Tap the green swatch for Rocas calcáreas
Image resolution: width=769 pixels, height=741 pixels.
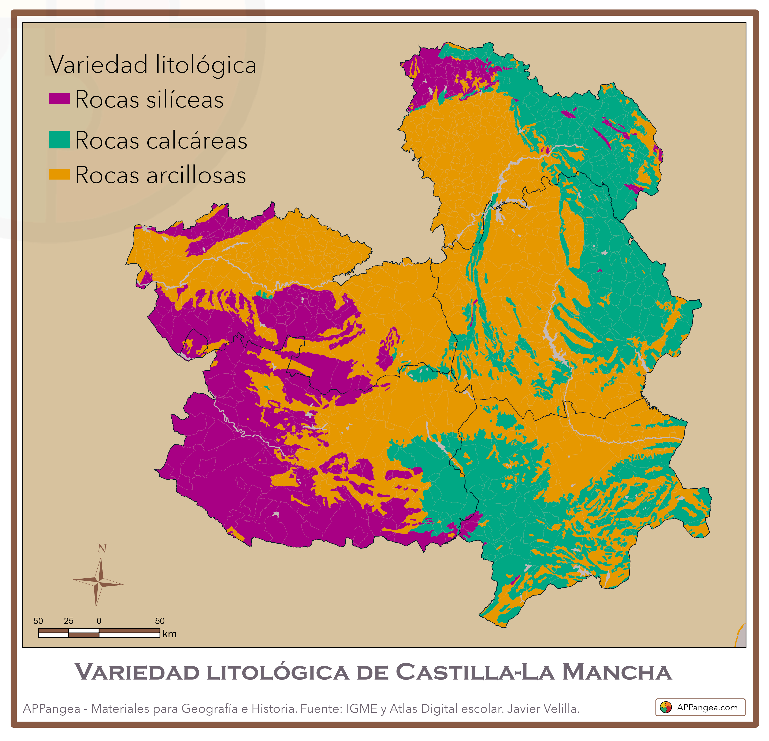pyautogui.click(x=59, y=140)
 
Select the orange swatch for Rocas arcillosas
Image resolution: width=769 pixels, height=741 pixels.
pyautogui.click(x=59, y=174)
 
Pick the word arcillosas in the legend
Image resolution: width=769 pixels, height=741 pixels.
pyautogui.click(x=196, y=175)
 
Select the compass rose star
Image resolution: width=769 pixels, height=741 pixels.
pyautogui.click(x=99, y=583)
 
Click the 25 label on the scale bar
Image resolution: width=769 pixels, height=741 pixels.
pyautogui.click(x=69, y=621)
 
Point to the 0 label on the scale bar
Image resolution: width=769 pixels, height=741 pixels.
pyautogui.click(x=99, y=621)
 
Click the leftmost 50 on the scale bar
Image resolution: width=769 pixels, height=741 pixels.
pyautogui.click(x=38, y=621)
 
